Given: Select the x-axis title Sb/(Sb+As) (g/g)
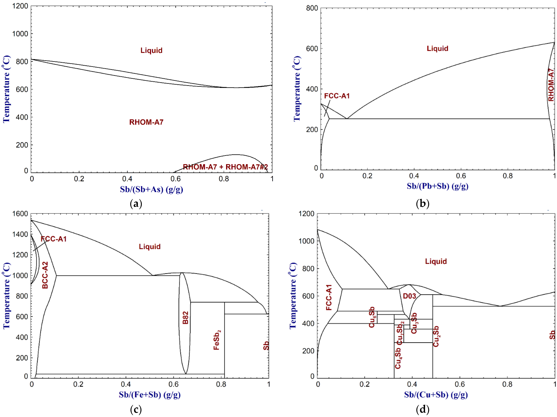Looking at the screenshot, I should pos(151,189).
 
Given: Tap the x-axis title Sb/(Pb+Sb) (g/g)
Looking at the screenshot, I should pos(437,186).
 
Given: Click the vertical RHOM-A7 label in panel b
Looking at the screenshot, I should pos(551,85).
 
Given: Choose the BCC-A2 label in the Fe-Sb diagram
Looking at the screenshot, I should pos(45,275).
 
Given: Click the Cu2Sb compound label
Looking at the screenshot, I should pos(436,336).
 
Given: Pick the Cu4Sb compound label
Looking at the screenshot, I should pos(398,358).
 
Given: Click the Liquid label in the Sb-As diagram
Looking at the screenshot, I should pos(151,50).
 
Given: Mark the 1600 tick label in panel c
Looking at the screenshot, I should pos(20,214).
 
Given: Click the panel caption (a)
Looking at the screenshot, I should pos(136,203).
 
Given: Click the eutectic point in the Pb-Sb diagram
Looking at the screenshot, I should pos(347,118).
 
